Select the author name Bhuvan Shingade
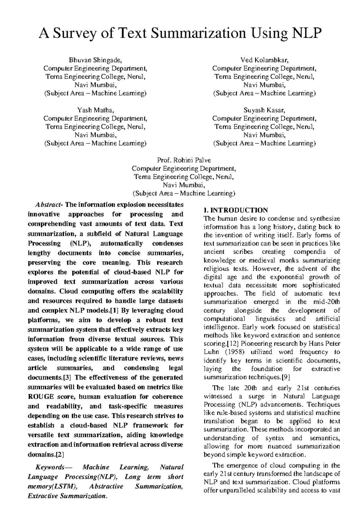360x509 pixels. point(95,60)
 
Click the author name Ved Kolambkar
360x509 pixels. point(264,60)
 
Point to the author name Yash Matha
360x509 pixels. point(95,110)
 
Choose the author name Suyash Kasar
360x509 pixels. point(264,110)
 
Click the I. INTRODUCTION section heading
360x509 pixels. point(235,210)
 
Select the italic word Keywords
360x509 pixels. point(49,467)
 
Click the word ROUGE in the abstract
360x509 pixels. point(41,397)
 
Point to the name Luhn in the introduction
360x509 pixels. point(211,352)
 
